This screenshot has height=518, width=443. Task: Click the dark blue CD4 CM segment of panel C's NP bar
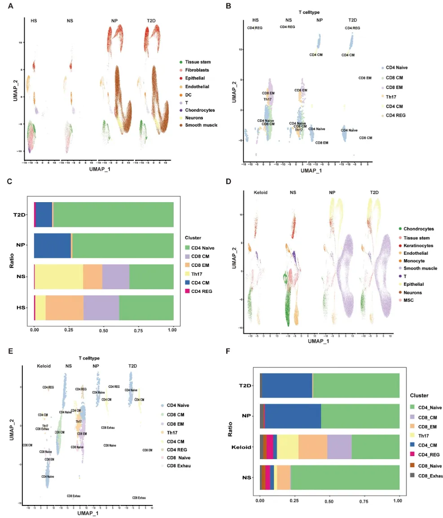click(x=53, y=245)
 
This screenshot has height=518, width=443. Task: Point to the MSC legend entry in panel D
click(x=408, y=300)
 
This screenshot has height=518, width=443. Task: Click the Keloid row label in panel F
click(x=244, y=447)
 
